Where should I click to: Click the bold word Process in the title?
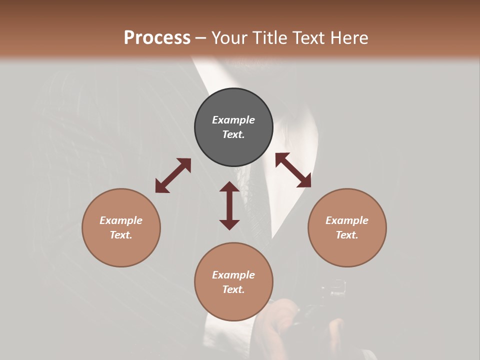click(157, 38)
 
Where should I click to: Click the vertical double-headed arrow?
click(229, 205)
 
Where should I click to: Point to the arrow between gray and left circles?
click(173, 175)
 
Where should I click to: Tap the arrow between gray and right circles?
click(293, 170)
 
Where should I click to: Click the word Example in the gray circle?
click(233, 120)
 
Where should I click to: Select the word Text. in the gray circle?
click(233, 134)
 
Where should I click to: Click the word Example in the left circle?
click(121, 220)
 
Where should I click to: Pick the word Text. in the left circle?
click(121, 235)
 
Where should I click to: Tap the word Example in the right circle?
click(347, 220)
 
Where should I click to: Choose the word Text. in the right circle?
click(347, 235)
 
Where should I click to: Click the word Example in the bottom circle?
click(233, 275)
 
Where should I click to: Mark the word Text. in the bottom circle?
click(233, 289)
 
